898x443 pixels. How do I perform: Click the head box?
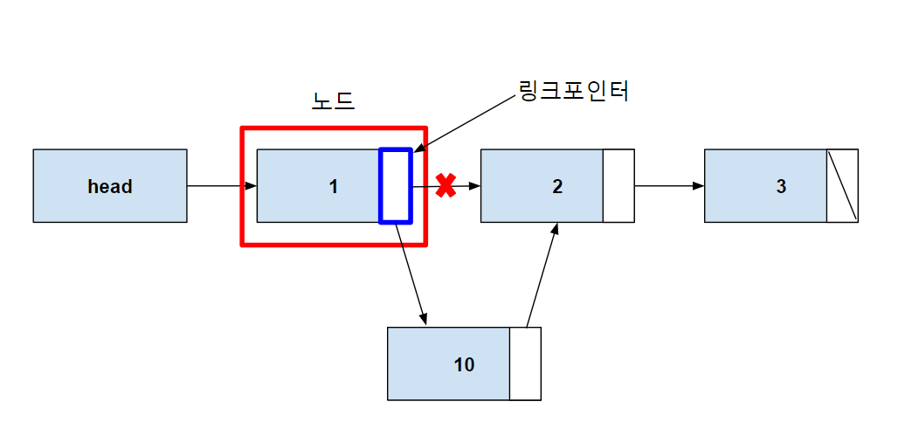[110, 185]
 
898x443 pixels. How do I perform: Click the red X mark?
[446, 185]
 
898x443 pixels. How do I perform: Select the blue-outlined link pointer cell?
[395, 185]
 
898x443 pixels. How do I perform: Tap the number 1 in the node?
[334, 186]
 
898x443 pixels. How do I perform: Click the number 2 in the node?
[557, 186]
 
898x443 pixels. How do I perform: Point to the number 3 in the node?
[781, 186]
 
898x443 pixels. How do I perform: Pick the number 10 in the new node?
[464, 364]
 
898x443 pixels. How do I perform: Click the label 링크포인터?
[574, 90]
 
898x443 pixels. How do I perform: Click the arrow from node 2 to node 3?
[669, 186]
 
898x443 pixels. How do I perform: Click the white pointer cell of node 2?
[618, 185]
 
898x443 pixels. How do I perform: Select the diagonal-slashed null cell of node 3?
[842, 185]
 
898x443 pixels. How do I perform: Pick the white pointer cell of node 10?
[525, 363]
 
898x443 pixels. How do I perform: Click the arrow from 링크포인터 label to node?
[467, 122]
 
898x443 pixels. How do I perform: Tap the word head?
[110, 186]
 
